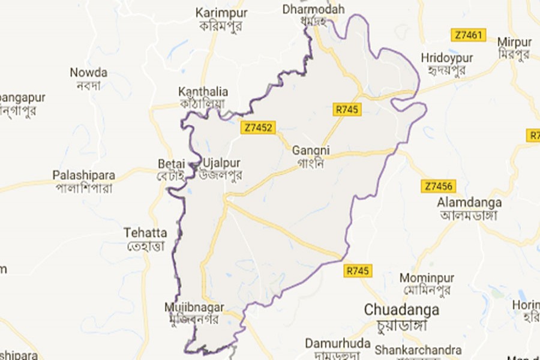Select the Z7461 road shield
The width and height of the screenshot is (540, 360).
tap(468, 35)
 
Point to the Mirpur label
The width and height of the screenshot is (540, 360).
tap(514, 42)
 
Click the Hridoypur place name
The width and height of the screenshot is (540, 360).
tap(447, 58)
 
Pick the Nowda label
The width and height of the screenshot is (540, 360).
tap(88, 73)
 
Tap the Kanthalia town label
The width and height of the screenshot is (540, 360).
tap(203, 92)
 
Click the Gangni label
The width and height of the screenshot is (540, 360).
tap(311, 151)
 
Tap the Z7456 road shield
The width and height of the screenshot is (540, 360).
tap(439, 185)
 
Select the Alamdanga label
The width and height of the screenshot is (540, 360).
tap(469, 202)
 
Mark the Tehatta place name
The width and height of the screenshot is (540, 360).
tap(145, 232)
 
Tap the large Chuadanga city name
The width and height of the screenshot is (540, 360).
tap(402, 310)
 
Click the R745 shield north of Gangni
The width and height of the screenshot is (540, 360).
tap(347, 109)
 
